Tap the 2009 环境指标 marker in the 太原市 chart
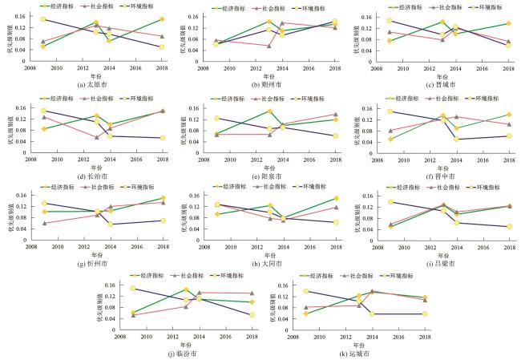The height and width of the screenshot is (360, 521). pyautogui.click(x=43, y=19)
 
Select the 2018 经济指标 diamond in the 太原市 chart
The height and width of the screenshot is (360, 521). pyautogui.click(x=161, y=19)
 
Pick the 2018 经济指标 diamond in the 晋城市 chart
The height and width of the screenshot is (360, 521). pyautogui.click(x=508, y=23)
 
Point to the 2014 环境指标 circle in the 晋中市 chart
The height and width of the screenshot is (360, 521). pyautogui.click(x=456, y=139)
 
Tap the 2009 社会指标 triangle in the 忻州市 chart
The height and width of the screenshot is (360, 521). pyautogui.click(x=43, y=223)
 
